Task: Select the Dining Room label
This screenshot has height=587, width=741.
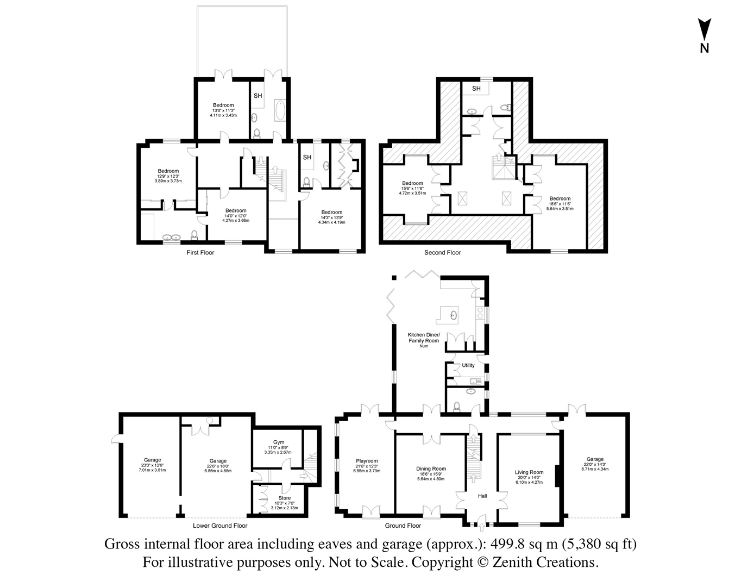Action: click(431, 469)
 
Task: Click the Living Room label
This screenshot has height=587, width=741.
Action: click(529, 472)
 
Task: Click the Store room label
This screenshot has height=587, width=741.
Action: click(284, 498)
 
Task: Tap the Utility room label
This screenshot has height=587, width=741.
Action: click(468, 365)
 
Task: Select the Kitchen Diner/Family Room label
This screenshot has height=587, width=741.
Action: click(424, 338)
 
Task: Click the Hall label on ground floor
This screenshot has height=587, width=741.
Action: click(482, 496)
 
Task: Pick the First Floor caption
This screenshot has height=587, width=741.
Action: click(200, 252)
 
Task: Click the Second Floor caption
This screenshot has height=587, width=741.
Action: click(442, 252)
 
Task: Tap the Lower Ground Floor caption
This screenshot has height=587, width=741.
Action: click(220, 526)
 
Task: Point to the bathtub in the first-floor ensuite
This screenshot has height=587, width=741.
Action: click(280, 112)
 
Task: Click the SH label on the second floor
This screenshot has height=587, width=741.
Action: click(476, 89)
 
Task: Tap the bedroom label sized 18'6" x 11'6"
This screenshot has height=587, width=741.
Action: click(560, 198)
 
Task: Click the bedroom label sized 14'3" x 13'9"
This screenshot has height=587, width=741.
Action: click(331, 212)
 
